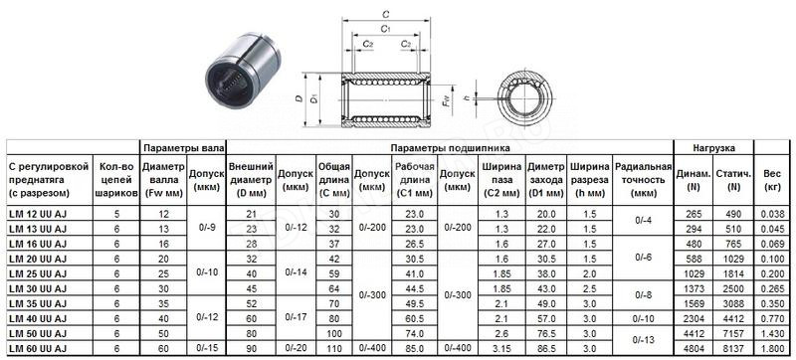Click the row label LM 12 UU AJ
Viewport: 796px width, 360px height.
tap(38, 214)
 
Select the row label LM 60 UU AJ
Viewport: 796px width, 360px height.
tap(38, 348)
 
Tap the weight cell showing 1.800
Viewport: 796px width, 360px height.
tap(772, 348)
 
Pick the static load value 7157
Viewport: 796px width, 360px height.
tap(733, 333)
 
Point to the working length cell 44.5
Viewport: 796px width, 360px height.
tap(415, 288)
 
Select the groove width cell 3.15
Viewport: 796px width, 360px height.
tap(501, 348)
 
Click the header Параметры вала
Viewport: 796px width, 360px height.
tap(183, 148)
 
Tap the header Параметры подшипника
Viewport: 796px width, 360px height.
tap(451, 148)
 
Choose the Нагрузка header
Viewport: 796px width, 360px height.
tap(713, 148)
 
